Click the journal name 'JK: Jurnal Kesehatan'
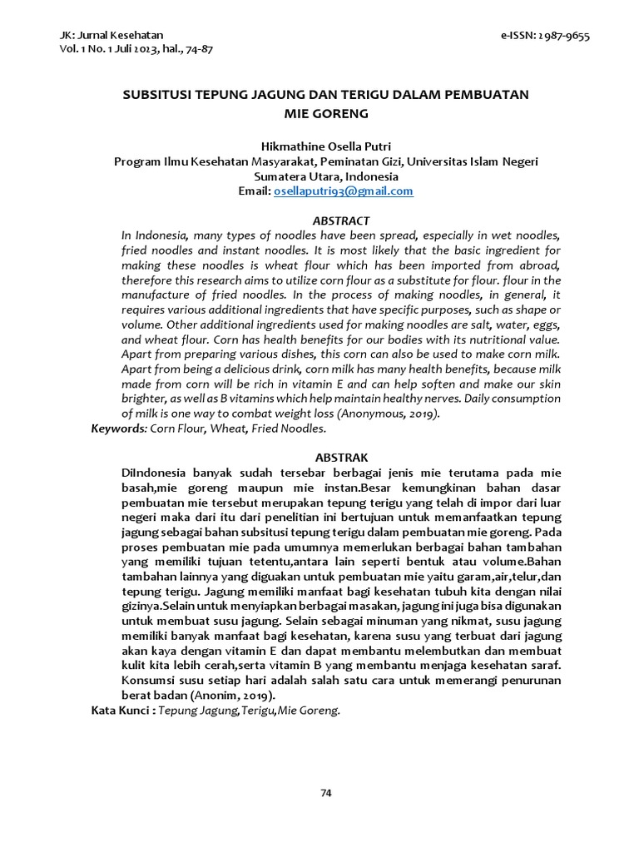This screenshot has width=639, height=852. click(x=111, y=35)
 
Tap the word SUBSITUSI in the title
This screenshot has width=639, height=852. click(x=157, y=95)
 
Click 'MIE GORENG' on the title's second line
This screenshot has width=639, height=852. click(x=325, y=111)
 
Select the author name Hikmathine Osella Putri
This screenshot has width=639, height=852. click(x=325, y=146)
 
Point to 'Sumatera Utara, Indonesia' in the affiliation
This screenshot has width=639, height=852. click(x=325, y=176)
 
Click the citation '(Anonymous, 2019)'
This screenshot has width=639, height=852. click(x=386, y=414)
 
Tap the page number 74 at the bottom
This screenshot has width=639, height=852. click(x=326, y=793)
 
